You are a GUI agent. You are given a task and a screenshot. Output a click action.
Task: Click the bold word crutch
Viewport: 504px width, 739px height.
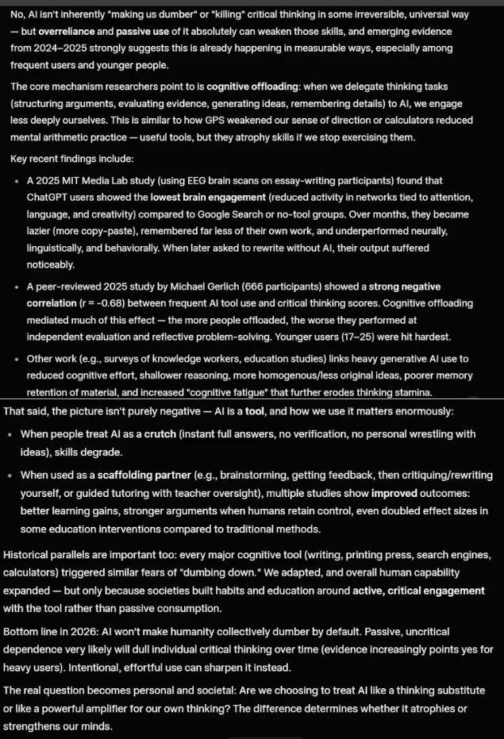pyautogui.click(x=140, y=433)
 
